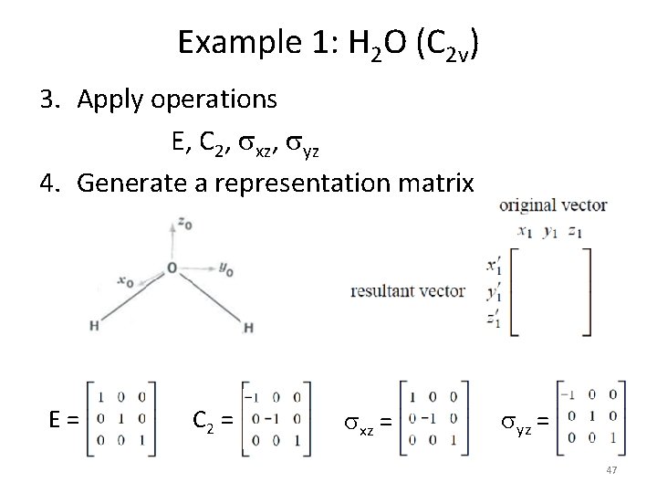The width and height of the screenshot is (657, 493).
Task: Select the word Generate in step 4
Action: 127,184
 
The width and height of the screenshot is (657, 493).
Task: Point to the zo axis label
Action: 186,222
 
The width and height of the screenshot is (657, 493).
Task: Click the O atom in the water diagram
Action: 171,268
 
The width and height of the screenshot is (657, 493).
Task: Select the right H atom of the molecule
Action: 248,327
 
